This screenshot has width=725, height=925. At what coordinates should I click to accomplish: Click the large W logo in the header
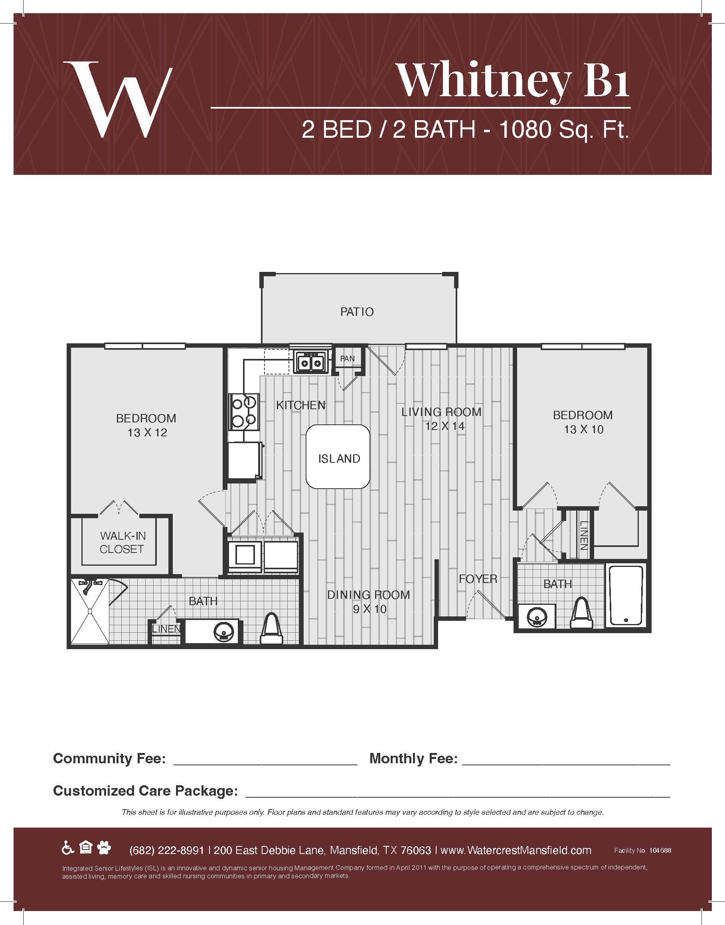[118, 100]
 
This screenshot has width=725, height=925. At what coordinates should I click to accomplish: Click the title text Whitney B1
[513, 81]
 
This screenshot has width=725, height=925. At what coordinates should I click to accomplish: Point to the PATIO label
[357, 312]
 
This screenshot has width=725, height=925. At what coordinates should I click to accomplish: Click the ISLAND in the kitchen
[338, 457]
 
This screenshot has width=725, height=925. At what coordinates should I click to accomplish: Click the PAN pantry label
[347, 359]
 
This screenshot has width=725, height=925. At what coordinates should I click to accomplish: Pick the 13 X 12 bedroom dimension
[147, 433]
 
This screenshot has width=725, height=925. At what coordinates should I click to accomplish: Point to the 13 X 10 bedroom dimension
[584, 430]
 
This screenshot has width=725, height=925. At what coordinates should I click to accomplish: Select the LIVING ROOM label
[441, 412]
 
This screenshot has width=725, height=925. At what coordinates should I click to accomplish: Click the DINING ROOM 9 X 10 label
[368, 602]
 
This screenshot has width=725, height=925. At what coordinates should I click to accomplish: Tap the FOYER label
[478, 578]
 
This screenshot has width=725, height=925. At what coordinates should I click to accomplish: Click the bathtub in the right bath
[626, 596]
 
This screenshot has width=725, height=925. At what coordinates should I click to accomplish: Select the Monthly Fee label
[413, 758]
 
